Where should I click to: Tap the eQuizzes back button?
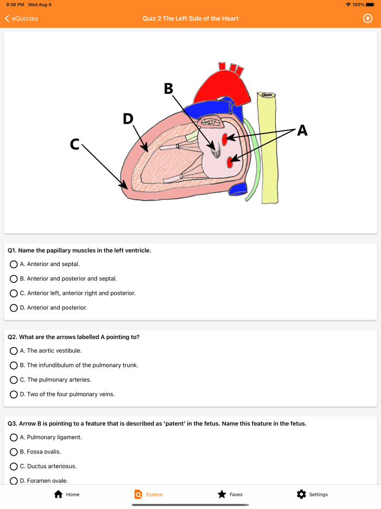(21, 19)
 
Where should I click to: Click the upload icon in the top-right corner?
(368, 19)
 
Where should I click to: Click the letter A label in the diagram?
(302, 130)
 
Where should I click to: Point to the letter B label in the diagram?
(169, 89)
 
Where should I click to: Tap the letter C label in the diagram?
(75, 144)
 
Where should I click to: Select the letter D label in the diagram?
(128, 119)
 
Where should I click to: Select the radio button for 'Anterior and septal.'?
(14, 264)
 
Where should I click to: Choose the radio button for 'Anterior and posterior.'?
(14, 308)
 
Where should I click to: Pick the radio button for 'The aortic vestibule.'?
(14, 351)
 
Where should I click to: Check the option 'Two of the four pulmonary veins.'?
(14, 395)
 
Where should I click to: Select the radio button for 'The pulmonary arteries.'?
(14, 380)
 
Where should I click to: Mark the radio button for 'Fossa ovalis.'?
(14, 452)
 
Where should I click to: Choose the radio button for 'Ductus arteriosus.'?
(14, 466)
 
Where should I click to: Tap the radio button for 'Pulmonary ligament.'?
(14, 437)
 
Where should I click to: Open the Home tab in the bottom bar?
(59, 494)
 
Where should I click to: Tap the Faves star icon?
(222, 494)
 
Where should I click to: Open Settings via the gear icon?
(302, 494)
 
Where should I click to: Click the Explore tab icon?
(138, 494)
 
